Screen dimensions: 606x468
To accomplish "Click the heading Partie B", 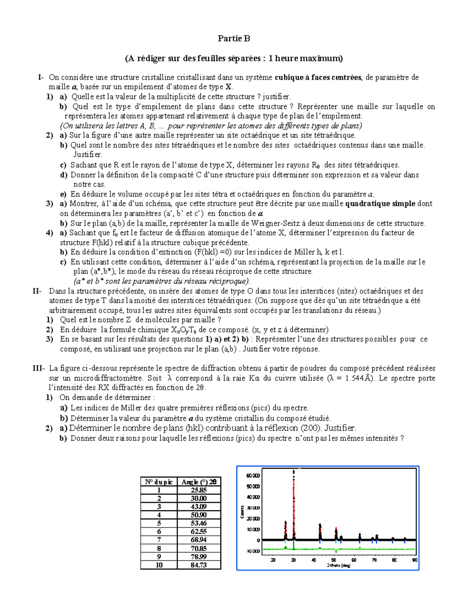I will [234, 38].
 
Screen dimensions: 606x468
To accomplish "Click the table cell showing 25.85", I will [199, 490].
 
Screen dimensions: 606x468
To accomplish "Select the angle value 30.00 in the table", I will [199, 498].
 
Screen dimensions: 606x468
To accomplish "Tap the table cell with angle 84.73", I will [199, 565].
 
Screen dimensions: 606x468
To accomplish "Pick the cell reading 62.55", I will [199, 531].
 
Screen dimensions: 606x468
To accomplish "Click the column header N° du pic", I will [159, 482].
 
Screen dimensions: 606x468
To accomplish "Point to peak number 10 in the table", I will [159, 565].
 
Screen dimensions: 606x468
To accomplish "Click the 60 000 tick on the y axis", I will [252, 476].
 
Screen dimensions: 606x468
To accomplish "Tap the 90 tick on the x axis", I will [415, 560].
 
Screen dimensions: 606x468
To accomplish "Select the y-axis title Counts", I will [242, 512].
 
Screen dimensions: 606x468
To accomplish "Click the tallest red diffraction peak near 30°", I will [294, 492].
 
